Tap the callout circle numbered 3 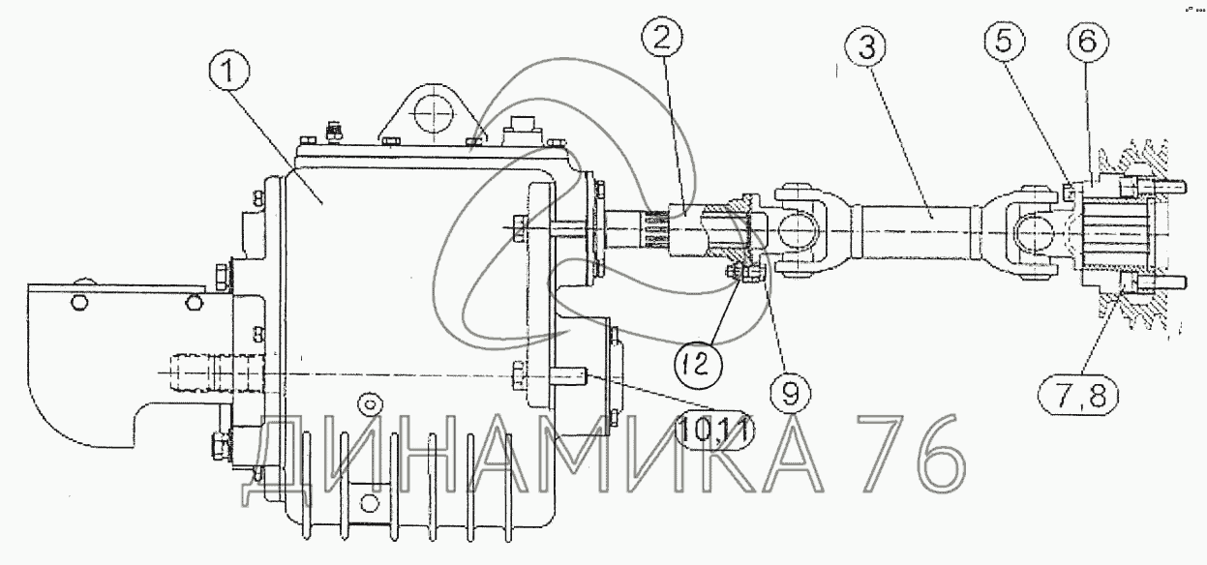(866, 46)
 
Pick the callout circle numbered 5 (1003, 41)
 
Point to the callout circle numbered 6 (1087, 41)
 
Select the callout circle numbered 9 (790, 395)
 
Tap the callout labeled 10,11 (714, 430)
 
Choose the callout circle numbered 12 (698, 365)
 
